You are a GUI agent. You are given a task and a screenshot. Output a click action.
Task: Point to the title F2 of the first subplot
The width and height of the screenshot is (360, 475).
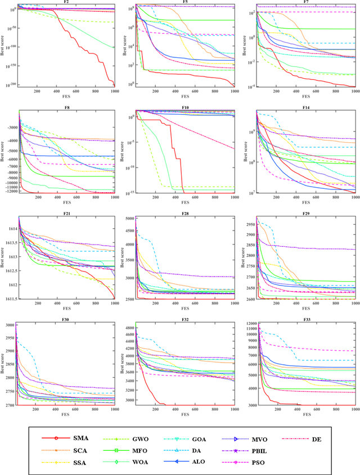(66, 2)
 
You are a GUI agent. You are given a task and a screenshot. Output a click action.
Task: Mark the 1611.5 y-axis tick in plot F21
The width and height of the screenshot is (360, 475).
(10, 299)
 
